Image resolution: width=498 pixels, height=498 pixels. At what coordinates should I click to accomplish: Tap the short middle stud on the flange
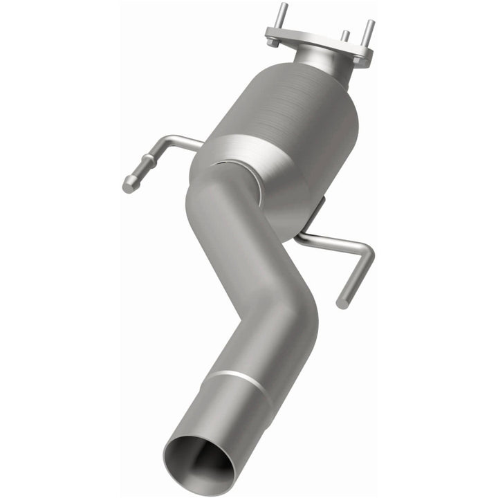[344, 36]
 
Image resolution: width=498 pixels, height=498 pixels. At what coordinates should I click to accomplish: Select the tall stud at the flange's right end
[369, 30]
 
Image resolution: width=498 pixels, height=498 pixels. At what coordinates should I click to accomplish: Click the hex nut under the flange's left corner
[273, 41]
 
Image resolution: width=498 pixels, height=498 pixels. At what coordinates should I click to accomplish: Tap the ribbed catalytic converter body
[297, 111]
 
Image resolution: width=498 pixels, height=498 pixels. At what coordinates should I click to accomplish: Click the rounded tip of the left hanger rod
[129, 185]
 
